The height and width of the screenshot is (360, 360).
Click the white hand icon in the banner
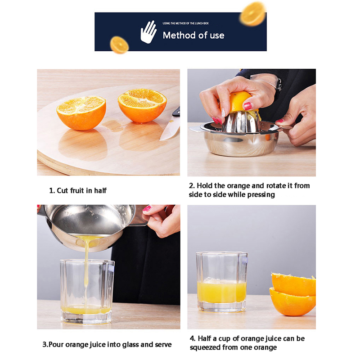pyautogui.click(x=148, y=32)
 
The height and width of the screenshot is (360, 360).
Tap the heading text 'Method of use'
pyautogui.click(x=193, y=36)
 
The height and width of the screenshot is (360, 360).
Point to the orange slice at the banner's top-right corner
pyautogui.click(x=252, y=14)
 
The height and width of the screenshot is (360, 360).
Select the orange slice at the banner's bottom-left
pyautogui.click(x=119, y=45)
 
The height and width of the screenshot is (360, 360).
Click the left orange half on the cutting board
pyautogui.click(x=81, y=113)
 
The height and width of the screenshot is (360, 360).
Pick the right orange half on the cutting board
pyautogui.click(x=142, y=105)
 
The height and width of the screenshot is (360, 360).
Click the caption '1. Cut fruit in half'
pyautogui.click(x=78, y=190)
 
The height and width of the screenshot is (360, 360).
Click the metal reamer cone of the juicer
pyautogui.click(x=241, y=121)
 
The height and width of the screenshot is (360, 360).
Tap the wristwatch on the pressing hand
pyautogui.click(x=279, y=85)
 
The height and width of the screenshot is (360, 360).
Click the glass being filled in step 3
pyautogui.click(x=87, y=292)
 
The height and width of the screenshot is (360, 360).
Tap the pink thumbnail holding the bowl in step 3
pyautogui.click(x=147, y=208)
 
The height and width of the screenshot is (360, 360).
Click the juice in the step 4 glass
pyautogui.click(x=221, y=292)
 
